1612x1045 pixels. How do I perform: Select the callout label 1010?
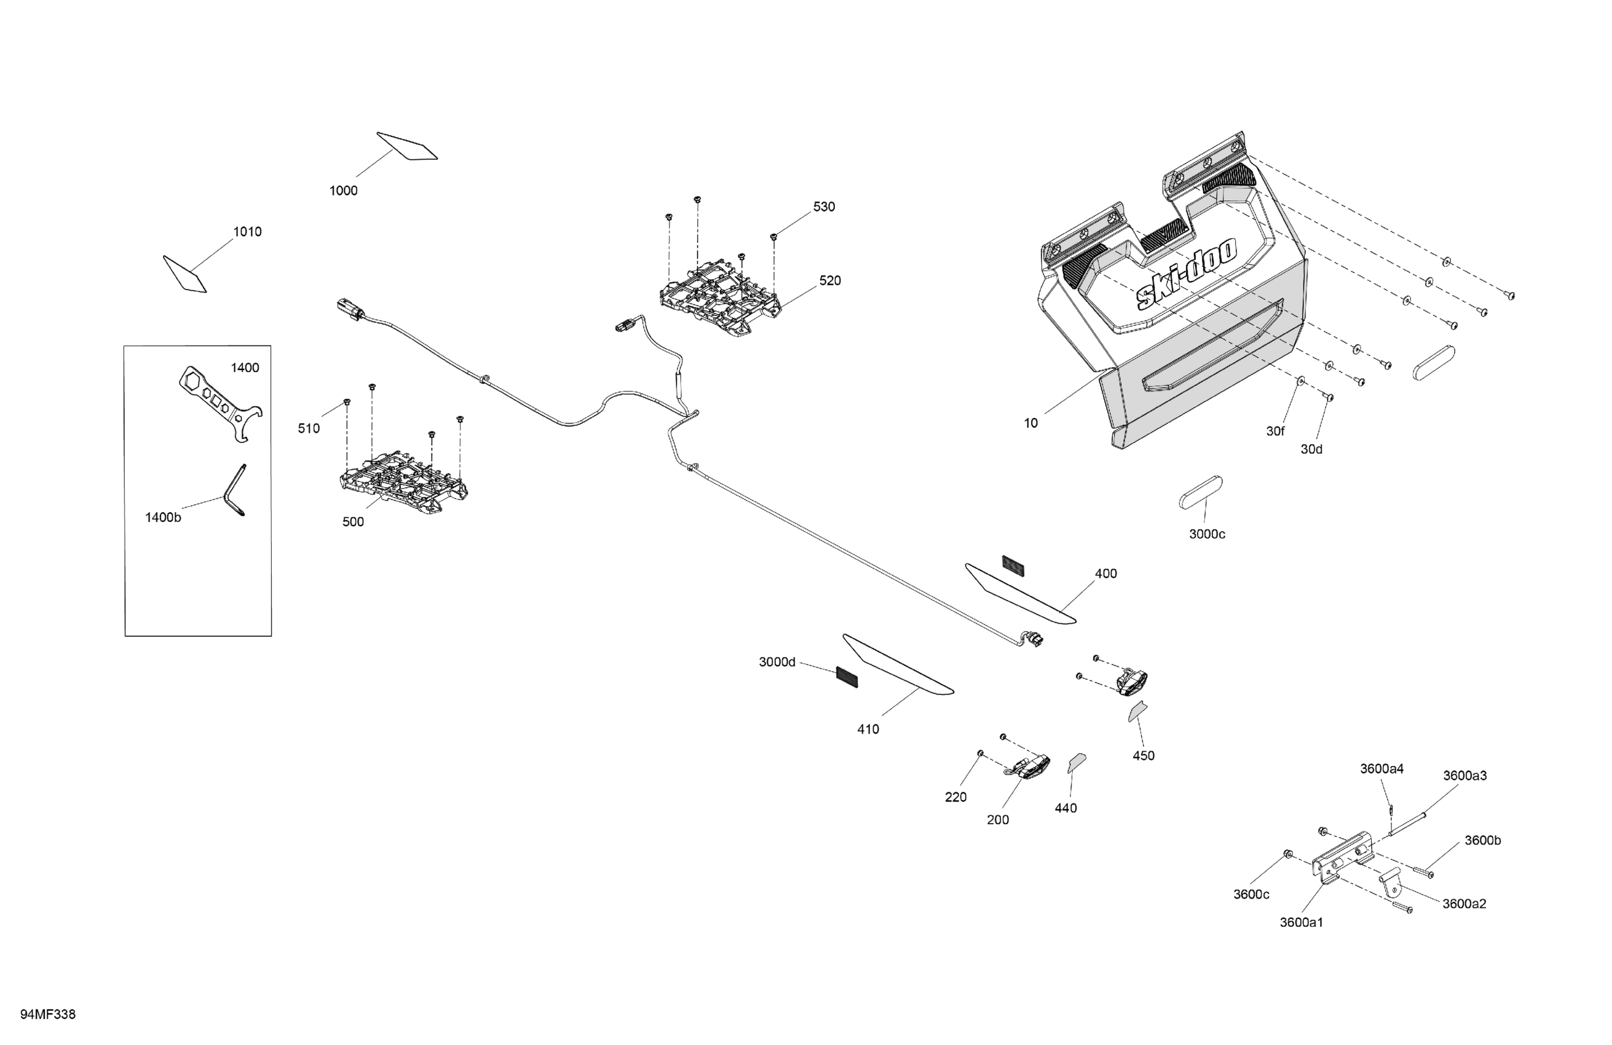[247, 232]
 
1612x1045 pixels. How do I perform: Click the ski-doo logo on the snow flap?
[1186, 274]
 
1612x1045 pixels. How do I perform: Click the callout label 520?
[830, 280]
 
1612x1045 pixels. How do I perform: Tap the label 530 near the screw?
[824, 207]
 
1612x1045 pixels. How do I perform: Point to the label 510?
[309, 428]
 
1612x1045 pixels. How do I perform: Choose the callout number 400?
[1105, 574]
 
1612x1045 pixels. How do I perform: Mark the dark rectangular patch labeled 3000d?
[847, 676]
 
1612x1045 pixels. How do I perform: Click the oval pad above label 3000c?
[1200, 492]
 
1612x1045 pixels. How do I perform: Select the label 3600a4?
[1381, 768]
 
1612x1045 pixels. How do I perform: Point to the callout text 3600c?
[1251, 894]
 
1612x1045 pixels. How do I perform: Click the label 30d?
[1311, 449]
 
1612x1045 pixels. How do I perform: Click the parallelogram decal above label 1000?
[406, 146]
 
